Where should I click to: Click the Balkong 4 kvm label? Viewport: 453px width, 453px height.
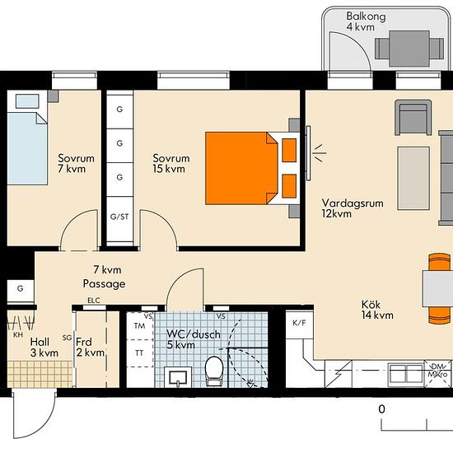[366, 21]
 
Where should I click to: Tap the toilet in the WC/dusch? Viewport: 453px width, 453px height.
[214, 371]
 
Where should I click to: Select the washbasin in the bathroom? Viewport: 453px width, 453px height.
[178, 377]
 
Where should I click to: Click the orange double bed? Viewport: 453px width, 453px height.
[251, 168]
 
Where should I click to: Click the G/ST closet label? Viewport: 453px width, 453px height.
[119, 217]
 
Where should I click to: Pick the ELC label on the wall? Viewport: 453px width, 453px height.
[94, 301]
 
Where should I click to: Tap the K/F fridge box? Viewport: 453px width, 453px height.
[299, 324]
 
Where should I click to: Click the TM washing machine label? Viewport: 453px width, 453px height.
[139, 326]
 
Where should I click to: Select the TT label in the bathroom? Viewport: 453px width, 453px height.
[139, 353]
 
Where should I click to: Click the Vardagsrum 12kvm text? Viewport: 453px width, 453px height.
[353, 208]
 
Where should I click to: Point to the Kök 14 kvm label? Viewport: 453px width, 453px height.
[377, 310]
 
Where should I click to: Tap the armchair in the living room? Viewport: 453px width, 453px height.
[413, 117]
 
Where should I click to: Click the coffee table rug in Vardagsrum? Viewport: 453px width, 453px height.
[413, 178]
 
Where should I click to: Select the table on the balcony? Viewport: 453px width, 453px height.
[409, 49]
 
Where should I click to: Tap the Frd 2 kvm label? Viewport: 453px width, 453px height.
[90, 348]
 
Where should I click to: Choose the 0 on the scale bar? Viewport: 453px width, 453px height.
[381, 409]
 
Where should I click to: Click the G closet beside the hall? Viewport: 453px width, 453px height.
[21, 291]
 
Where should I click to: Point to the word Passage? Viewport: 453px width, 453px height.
[104, 283]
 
